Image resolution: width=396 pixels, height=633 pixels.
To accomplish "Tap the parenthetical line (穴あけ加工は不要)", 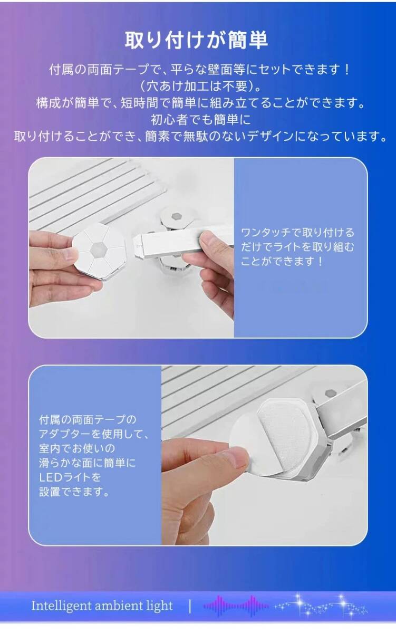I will click(x=197, y=85).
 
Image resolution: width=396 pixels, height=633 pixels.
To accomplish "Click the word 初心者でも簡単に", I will click(x=197, y=119).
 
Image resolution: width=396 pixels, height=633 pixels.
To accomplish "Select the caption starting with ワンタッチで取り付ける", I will click(x=297, y=233).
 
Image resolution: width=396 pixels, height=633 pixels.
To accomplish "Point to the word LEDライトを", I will click(x=70, y=478).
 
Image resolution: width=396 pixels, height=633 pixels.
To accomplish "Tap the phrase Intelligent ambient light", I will click(x=102, y=606).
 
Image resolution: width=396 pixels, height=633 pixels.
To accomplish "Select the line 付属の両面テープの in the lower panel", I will click(x=88, y=420).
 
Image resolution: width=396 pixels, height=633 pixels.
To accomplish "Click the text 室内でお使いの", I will click(x=77, y=449).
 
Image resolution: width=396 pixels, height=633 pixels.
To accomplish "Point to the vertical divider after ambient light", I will click(x=190, y=606).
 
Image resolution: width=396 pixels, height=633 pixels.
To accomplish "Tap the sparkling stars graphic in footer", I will click(x=322, y=606).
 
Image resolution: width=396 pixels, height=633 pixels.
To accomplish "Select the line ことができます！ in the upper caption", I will click(x=282, y=261).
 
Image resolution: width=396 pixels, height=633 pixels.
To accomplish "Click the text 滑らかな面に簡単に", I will click(x=88, y=463).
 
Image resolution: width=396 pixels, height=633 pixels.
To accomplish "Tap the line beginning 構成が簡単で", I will click(x=200, y=102).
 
